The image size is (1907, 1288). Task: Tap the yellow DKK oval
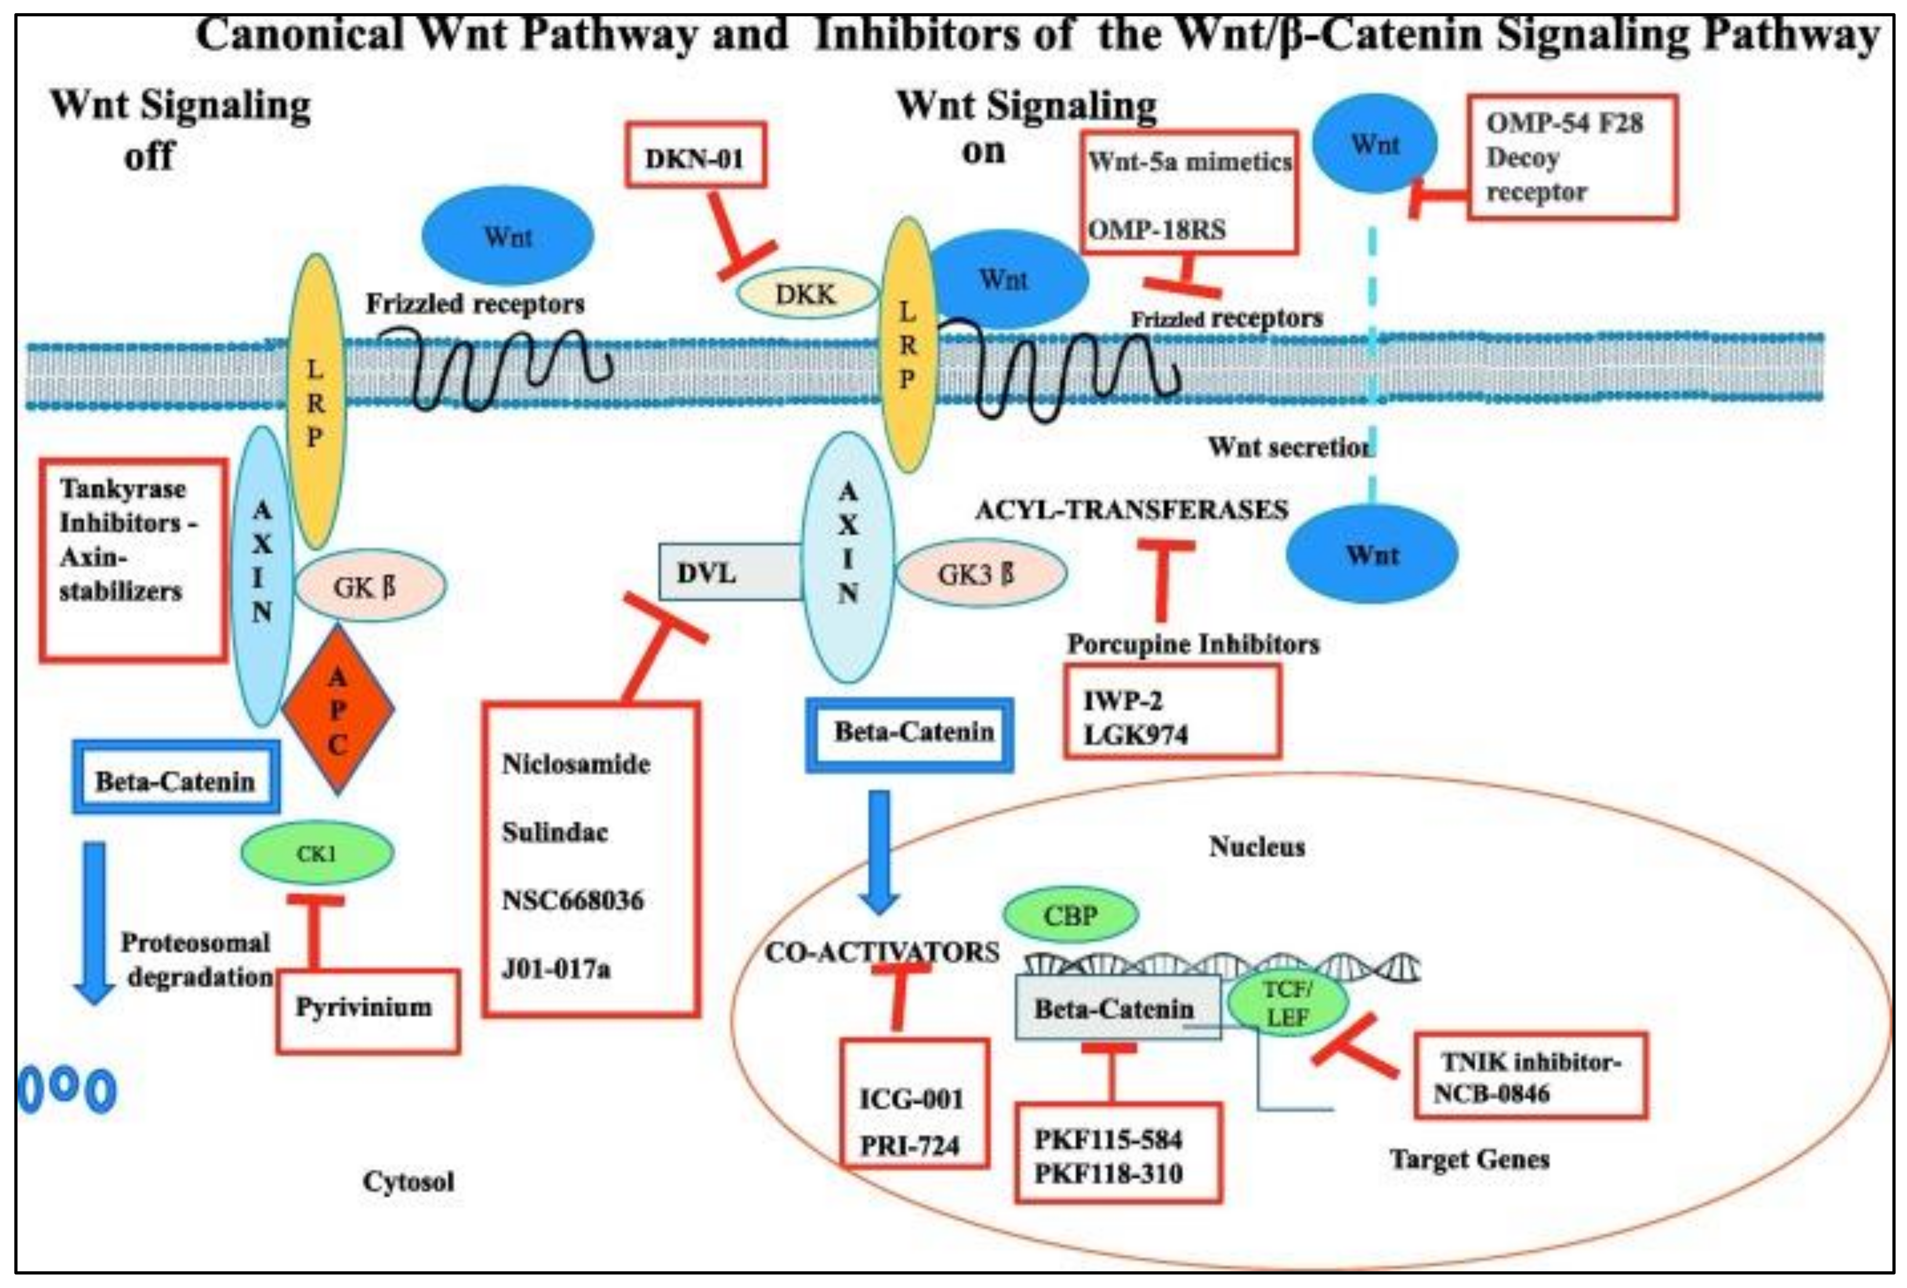tap(806, 294)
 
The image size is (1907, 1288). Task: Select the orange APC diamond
tap(337, 710)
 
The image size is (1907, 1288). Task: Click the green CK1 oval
tap(317, 853)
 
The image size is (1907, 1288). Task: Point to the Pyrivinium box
tap(366, 1009)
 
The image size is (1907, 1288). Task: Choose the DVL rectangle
tap(729, 572)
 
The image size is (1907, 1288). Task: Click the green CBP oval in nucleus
tap(1070, 915)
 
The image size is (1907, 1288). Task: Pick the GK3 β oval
tap(980, 573)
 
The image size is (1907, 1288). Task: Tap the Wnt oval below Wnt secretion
tap(1372, 554)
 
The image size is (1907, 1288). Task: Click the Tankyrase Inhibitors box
tap(133, 558)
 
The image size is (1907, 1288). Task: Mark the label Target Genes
tap(1469, 1159)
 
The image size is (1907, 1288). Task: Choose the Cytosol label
tap(408, 1181)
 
